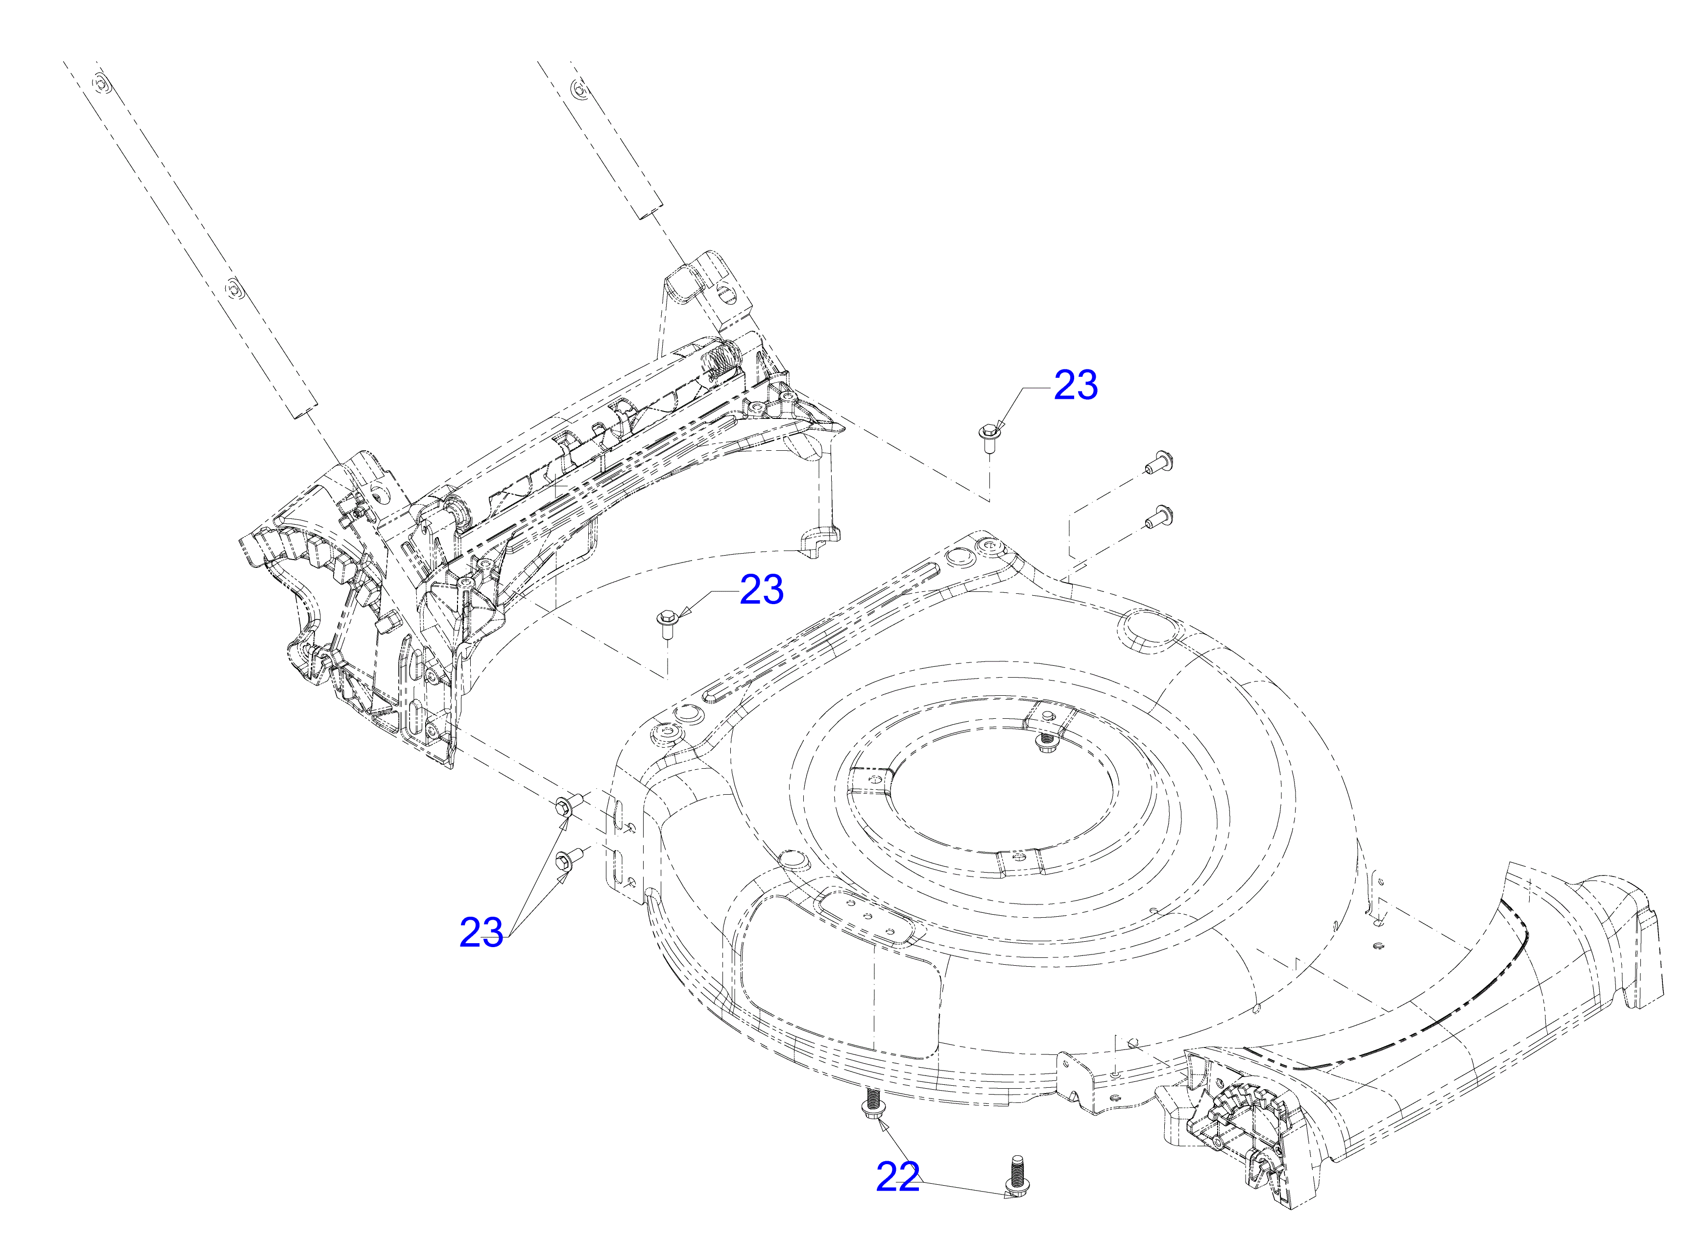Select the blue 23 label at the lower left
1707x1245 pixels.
(481, 933)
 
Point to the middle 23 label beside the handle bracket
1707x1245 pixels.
(762, 589)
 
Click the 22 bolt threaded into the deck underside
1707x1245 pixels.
(872, 1104)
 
